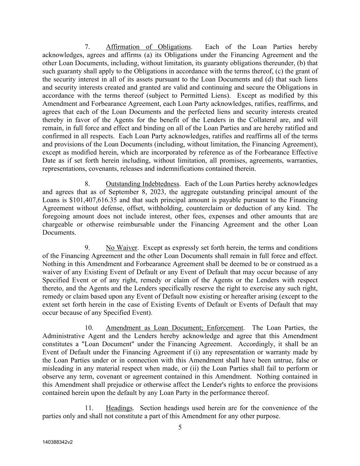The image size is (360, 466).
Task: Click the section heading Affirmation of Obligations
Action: tap(148, 47)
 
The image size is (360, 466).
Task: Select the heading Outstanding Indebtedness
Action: tap(142, 184)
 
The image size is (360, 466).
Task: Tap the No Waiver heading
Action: tap(121, 248)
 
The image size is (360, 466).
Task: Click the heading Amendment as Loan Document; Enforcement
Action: tap(174, 328)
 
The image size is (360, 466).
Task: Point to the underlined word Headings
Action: tap(119, 408)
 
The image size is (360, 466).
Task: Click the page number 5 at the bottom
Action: tap(180, 427)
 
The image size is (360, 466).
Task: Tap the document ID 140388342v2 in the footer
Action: tap(58, 442)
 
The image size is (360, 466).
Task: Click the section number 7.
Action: tap(87, 47)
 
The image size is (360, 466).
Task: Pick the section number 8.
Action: tap(87, 184)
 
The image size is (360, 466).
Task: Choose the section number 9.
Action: tap(87, 248)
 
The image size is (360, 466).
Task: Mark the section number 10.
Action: tap(89, 328)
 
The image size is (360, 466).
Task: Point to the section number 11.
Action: tap(89, 408)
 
